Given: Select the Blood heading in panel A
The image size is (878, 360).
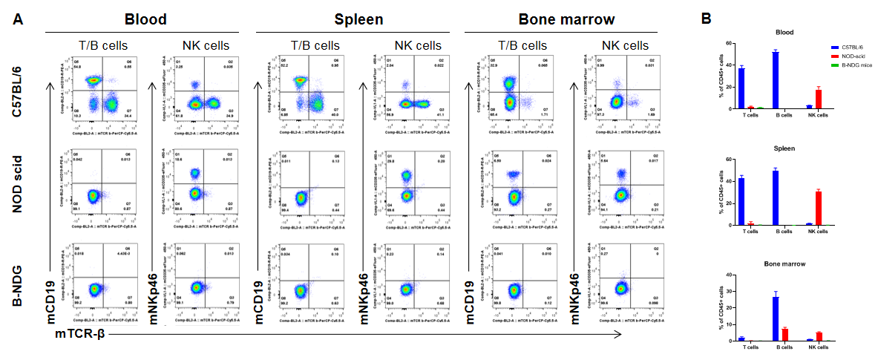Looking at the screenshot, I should coord(146,20).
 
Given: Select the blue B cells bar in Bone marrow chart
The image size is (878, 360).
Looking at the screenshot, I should coord(775,318).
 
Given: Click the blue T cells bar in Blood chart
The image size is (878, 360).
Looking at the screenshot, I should coord(741,88).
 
